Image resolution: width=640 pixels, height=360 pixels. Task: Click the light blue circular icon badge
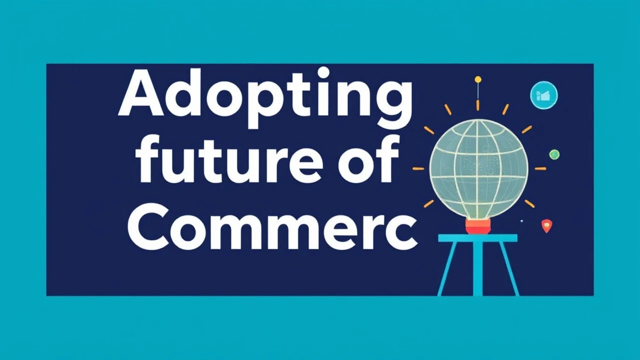(543, 95)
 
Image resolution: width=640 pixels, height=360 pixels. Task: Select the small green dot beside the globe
(554, 154)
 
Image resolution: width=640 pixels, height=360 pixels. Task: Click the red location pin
(546, 226)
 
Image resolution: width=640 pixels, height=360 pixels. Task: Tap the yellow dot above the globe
(478, 79)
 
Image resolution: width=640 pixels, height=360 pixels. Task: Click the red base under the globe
(477, 227)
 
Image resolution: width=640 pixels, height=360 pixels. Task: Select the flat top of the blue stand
(477, 238)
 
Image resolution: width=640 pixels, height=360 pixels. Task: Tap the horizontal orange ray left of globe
(418, 169)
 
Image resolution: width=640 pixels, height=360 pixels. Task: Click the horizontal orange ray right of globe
(540, 168)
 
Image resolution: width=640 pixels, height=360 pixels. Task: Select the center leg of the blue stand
(478, 270)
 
